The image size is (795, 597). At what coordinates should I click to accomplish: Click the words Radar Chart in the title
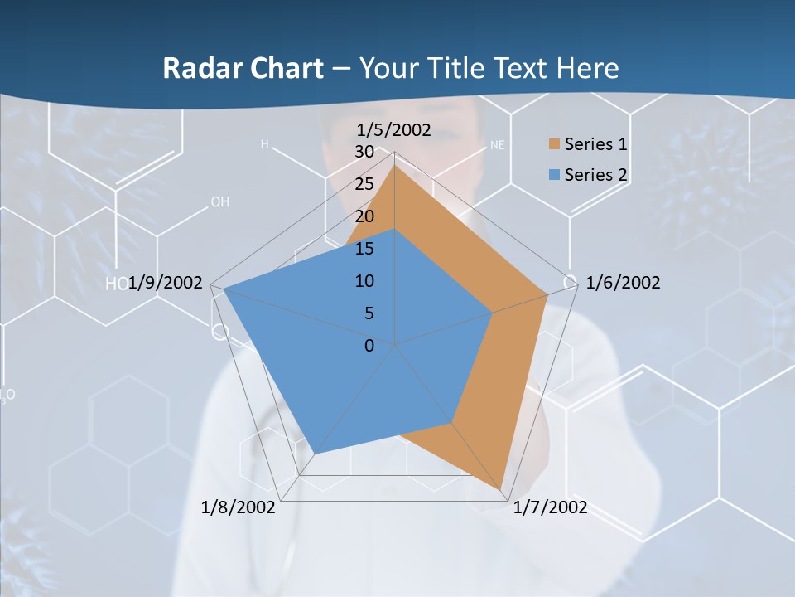[x=243, y=68]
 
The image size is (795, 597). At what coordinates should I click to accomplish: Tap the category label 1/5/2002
[x=393, y=129]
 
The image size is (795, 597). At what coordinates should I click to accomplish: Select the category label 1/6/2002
[x=623, y=283]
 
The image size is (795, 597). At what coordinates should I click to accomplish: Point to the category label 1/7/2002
[x=550, y=507]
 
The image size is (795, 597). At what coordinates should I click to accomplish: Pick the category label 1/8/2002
[x=238, y=507]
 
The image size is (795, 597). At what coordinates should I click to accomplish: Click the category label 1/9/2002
[x=166, y=283]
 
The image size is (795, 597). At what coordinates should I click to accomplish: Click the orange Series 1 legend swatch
[x=554, y=144]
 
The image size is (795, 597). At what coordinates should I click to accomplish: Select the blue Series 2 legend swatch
[x=554, y=175]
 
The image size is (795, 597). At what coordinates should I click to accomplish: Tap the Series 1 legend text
[x=595, y=144]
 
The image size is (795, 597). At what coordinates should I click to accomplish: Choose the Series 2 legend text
[x=595, y=175]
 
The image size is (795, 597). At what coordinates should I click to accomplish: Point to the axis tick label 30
[x=364, y=152]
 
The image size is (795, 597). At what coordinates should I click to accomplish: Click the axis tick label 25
[x=364, y=184]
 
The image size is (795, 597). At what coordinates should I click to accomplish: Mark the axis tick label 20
[x=364, y=216]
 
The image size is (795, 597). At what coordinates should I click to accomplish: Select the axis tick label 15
[x=364, y=249]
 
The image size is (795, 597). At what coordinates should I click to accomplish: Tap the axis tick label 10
[x=364, y=281]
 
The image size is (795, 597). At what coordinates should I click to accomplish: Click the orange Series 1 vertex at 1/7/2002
[x=501, y=489]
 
